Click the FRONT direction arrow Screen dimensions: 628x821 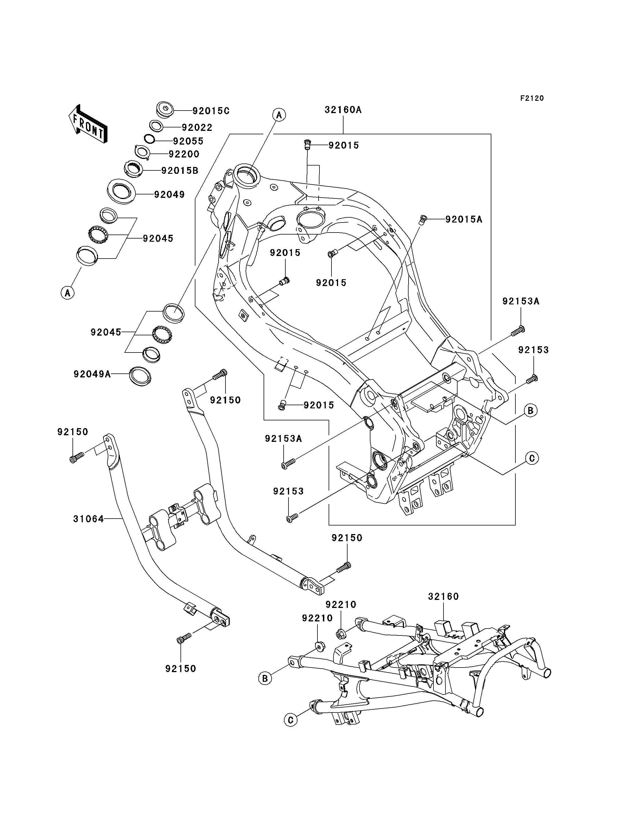88,124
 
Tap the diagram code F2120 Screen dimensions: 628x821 532,98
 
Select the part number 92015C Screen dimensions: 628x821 211,111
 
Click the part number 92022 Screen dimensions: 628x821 197,127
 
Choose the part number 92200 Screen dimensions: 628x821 184,154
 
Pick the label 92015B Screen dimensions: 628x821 180,170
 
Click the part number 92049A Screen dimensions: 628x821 92,374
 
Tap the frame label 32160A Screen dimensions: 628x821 343,110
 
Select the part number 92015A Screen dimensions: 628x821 464,219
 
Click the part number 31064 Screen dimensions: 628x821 89,519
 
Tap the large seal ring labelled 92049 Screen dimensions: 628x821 121,191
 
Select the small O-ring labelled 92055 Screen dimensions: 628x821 150,139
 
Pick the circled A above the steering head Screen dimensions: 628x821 279,115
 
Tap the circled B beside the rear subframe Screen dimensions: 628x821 265,678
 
